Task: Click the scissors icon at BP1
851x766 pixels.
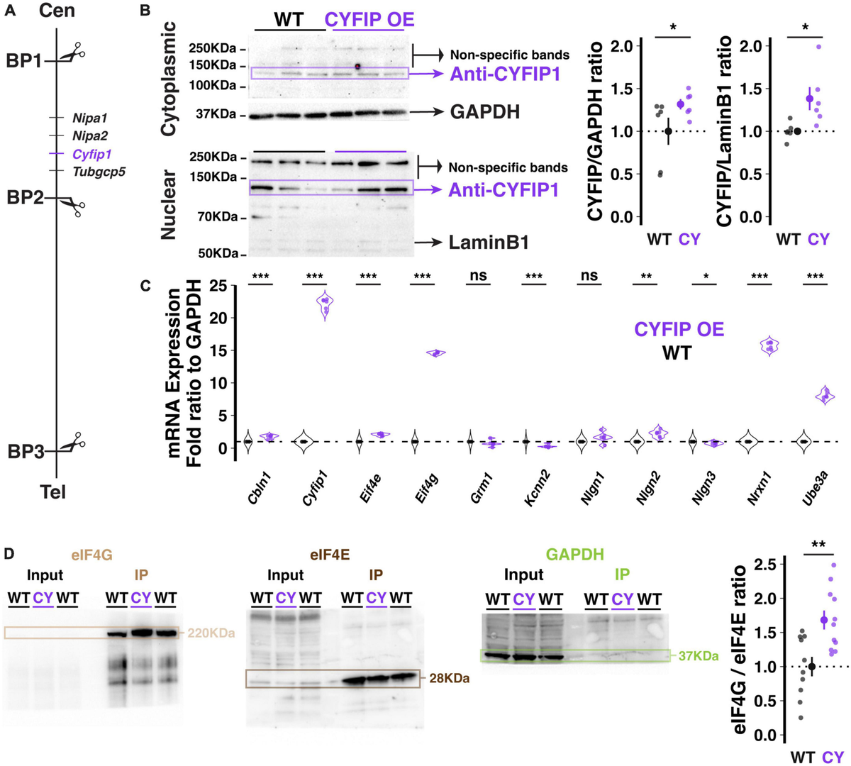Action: [x=72, y=51]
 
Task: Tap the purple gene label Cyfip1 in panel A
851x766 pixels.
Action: [x=92, y=154]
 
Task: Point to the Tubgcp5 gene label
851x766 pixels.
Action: [x=99, y=172]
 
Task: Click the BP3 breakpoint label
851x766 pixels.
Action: [x=25, y=451]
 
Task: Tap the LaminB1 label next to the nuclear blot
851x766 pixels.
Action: [x=489, y=243]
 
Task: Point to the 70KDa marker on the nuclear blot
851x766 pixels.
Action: [x=216, y=217]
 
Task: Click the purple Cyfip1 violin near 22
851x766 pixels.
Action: [x=326, y=304]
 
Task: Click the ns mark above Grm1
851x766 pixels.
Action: [x=477, y=276]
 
